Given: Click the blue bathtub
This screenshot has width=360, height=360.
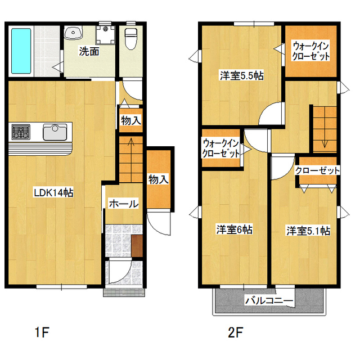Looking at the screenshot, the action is [x=21, y=51].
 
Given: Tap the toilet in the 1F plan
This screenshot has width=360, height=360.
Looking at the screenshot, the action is [x=130, y=39].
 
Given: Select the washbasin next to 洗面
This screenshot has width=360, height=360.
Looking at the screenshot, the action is [x=73, y=33].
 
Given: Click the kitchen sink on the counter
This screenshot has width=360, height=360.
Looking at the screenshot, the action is [x=55, y=132].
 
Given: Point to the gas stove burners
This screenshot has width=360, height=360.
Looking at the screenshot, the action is [x=21, y=132].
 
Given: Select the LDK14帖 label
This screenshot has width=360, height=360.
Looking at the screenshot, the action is [x=54, y=192].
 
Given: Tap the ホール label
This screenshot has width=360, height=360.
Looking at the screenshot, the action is [x=124, y=204].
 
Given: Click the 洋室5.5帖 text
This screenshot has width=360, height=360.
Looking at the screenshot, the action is [x=241, y=75].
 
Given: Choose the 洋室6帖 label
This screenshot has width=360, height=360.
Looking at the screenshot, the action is [x=234, y=229].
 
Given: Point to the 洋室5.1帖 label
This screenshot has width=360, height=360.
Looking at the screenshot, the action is [x=308, y=231].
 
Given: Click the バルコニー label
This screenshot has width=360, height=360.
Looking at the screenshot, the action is [x=269, y=300].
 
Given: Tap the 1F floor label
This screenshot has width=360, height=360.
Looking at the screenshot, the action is [x=42, y=332].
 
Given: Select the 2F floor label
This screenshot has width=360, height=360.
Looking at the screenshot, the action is [x=236, y=332].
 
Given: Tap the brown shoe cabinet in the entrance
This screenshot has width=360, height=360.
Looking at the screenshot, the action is [x=137, y=246].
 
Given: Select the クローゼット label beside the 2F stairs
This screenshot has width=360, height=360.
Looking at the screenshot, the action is [x=317, y=170].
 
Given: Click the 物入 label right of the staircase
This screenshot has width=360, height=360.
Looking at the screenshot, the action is [x=159, y=179].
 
